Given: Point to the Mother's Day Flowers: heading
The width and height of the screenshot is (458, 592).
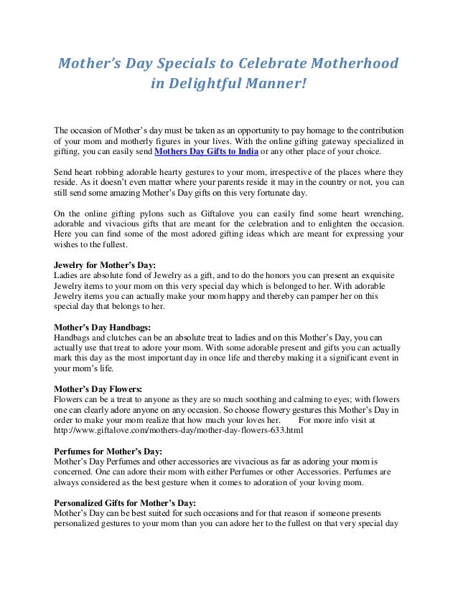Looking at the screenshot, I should [98, 389].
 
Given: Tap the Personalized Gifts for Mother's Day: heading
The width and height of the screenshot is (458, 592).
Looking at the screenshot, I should [126, 502].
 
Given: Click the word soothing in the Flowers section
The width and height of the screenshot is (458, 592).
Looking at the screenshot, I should [258, 399].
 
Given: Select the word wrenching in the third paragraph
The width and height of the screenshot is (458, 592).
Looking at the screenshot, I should [380, 214].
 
